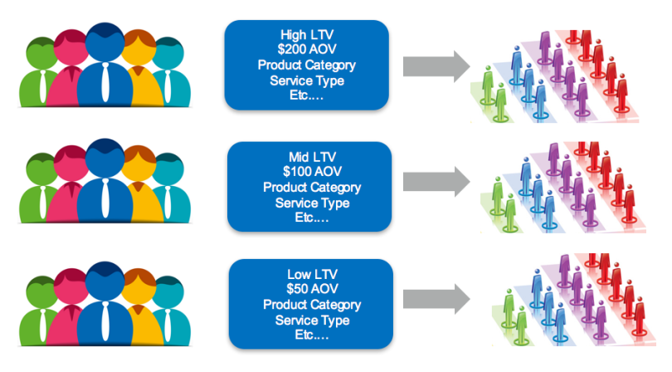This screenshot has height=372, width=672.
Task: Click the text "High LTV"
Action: tap(307, 34)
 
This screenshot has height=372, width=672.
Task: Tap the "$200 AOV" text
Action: tap(307, 49)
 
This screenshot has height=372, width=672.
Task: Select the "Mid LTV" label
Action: tap(312, 157)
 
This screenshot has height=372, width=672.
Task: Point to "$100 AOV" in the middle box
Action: tap(312, 172)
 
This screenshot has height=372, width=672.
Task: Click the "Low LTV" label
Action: tap(312, 274)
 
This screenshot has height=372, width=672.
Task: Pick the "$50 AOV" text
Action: tap(312, 289)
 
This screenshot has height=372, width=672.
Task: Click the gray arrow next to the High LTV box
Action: tap(436, 66)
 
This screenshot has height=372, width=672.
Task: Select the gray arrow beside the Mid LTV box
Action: tap(436, 182)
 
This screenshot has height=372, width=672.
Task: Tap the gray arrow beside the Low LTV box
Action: tap(436, 298)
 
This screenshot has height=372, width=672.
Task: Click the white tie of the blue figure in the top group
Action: tap(105, 82)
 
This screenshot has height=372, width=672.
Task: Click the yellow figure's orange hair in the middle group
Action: tap(139, 154)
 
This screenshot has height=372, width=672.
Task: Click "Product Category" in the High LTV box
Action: tap(307, 66)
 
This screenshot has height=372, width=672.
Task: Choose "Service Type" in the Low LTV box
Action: tap(312, 320)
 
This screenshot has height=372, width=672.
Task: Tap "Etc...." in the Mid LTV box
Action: tap(312, 218)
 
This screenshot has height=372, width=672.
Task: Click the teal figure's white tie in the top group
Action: tap(168, 87)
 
